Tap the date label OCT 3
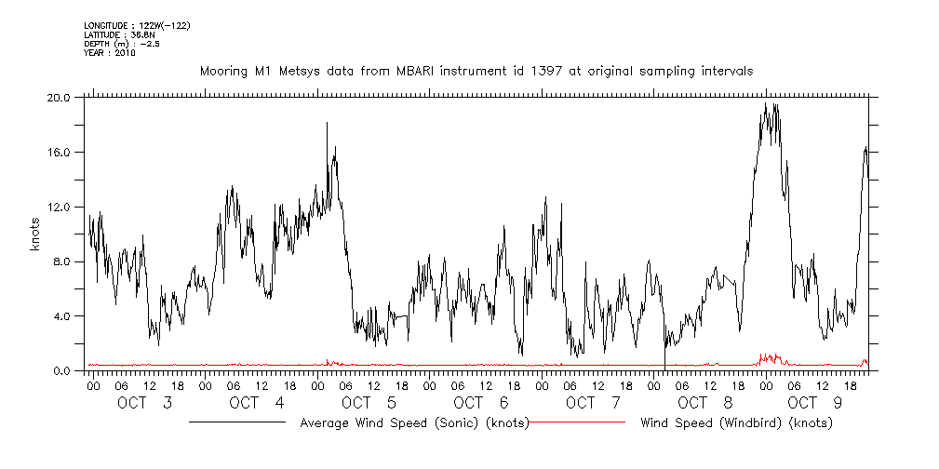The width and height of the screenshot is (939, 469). pyautogui.click(x=145, y=403)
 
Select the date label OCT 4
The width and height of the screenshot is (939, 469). pyautogui.click(x=257, y=403)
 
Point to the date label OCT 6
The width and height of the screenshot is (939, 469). pyautogui.click(x=481, y=403)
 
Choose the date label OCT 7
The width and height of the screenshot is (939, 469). pyautogui.click(x=593, y=403)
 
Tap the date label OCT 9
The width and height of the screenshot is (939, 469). pyautogui.click(x=817, y=403)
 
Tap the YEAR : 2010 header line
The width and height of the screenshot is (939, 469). pyautogui.click(x=109, y=53)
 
